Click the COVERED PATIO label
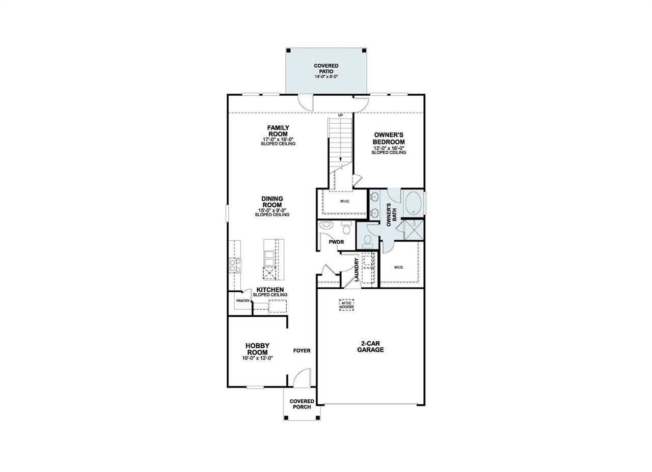point(326,68)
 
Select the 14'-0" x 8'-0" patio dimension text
point(326,76)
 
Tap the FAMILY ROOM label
point(278,131)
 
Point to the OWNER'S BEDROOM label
point(389,138)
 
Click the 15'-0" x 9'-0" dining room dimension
point(272,210)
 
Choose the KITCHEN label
point(270,290)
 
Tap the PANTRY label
point(243,300)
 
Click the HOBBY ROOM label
point(257,349)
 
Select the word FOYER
point(302,350)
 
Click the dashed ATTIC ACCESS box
point(346,305)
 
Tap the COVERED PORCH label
point(302,404)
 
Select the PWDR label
point(337,242)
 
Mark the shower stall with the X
point(413,230)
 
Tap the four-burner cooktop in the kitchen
point(235,265)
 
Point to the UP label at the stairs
point(340,115)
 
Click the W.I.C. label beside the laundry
point(398,267)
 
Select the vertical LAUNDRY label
point(357,270)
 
